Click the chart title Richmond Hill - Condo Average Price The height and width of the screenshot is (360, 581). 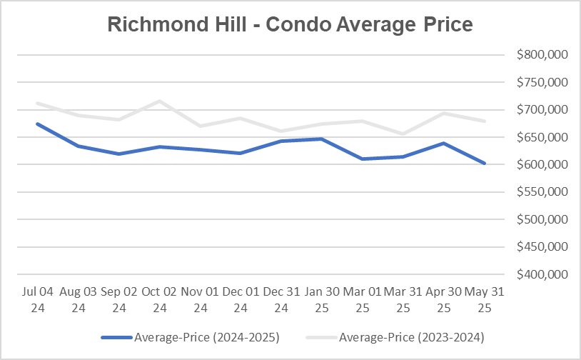tap(290, 24)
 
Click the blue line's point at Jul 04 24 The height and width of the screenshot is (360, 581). tap(37, 124)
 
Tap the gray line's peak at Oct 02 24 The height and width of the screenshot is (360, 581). tap(160, 101)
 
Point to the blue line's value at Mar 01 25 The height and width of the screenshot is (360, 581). tap(363, 159)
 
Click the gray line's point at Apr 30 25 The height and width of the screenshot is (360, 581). tap(445, 113)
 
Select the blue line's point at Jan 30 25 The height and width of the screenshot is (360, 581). tap(323, 139)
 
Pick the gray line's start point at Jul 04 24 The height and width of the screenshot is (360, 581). tap(37, 103)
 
